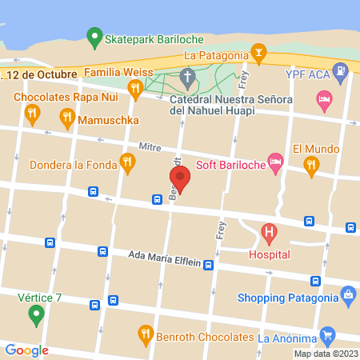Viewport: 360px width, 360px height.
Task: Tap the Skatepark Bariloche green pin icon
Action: (94, 37)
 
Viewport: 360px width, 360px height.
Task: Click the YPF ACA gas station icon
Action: (342, 73)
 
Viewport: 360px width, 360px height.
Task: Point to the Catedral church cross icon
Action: (187, 78)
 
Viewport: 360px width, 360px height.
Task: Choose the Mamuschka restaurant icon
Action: (67, 120)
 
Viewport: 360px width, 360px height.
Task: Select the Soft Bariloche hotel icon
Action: (275, 162)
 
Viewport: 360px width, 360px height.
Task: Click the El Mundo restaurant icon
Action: (311, 166)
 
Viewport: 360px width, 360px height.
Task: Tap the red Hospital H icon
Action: (270, 234)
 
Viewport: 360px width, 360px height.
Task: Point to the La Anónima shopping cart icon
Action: (326, 335)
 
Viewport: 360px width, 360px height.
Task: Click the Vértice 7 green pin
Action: (35, 315)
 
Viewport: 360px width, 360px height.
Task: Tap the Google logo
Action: (26, 350)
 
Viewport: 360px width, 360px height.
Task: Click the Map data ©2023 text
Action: (325, 354)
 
